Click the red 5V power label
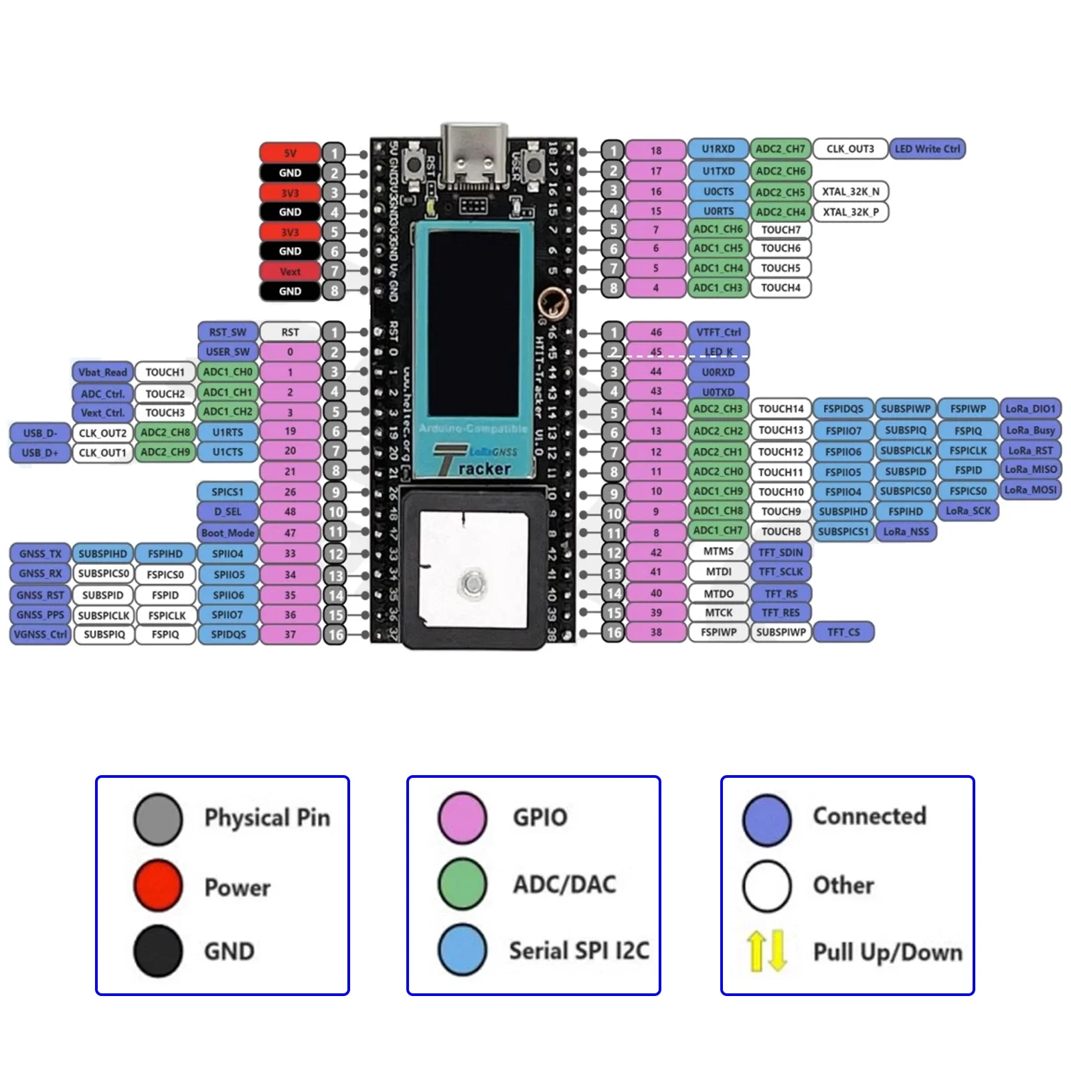pos(289,153)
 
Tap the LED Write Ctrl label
pos(927,149)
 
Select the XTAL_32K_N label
pos(850,191)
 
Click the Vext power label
pos(289,271)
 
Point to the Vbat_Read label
pos(102,372)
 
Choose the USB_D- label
pos(40,432)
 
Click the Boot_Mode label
pos(228,533)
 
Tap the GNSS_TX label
pos(40,554)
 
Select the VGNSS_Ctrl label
pos(40,634)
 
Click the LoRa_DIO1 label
pos(1030,408)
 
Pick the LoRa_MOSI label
pos(1030,489)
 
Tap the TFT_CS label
pos(843,632)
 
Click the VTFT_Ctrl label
pos(718,332)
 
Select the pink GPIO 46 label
pos(655,332)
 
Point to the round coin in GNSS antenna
pos(474,583)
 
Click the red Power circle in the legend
pos(158,886)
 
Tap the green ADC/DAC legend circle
pos(463,884)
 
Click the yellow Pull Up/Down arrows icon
pos(766,951)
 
